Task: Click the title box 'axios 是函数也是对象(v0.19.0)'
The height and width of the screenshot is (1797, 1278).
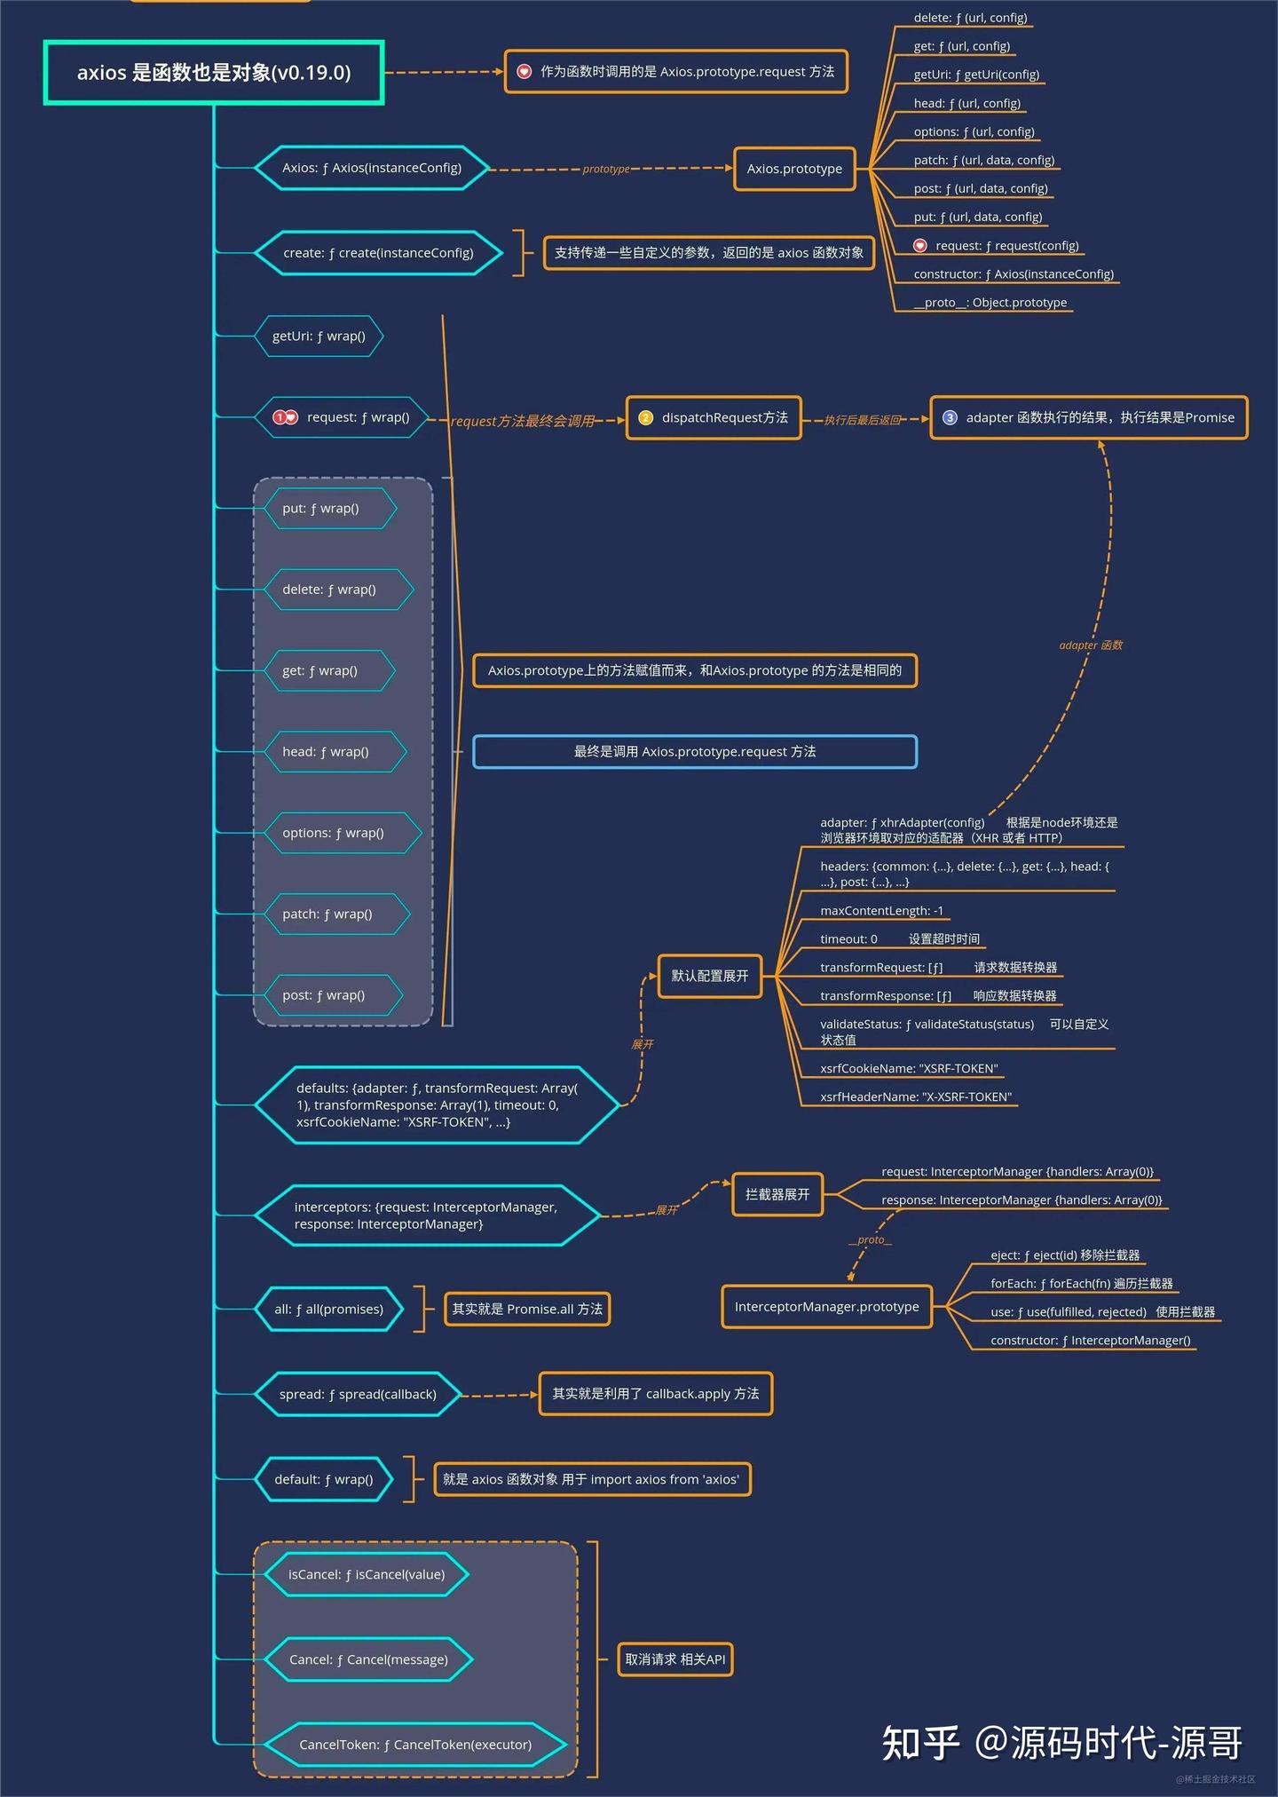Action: (x=214, y=72)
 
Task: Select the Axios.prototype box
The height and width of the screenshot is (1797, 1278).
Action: (x=794, y=169)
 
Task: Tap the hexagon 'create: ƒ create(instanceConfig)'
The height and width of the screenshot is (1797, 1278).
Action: (x=379, y=253)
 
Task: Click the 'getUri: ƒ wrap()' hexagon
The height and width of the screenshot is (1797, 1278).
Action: (x=319, y=336)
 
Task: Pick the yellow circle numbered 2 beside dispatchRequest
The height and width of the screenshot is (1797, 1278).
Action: (x=645, y=417)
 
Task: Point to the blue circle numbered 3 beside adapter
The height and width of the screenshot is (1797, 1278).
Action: (x=950, y=417)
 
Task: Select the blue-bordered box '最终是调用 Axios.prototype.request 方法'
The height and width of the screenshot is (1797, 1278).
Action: (x=695, y=751)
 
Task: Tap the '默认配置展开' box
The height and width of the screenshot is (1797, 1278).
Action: (x=710, y=976)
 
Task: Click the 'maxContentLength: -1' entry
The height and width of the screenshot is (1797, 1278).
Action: (x=882, y=911)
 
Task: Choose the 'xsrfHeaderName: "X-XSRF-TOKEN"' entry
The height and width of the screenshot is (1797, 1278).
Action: (x=916, y=1096)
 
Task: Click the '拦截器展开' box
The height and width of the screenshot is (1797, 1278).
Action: (x=777, y=1194)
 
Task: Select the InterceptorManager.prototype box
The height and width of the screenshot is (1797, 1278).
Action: (x=827, y=1307)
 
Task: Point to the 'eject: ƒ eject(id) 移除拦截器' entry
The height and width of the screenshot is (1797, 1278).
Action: (x=1065, y=1255)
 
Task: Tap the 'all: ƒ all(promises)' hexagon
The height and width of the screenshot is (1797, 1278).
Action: (x=328, y=1309)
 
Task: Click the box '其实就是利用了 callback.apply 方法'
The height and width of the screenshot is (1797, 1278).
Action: (x=656, y=1394)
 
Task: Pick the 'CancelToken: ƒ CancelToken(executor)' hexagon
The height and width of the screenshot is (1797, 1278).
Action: (x=415, y=1745)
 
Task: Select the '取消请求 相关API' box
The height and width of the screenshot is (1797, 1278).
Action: (x=675, y=1659)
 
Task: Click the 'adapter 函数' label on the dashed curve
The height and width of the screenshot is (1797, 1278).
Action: (x=1091, y=645)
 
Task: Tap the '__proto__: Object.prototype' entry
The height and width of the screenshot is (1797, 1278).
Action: (x=990, y=303)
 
